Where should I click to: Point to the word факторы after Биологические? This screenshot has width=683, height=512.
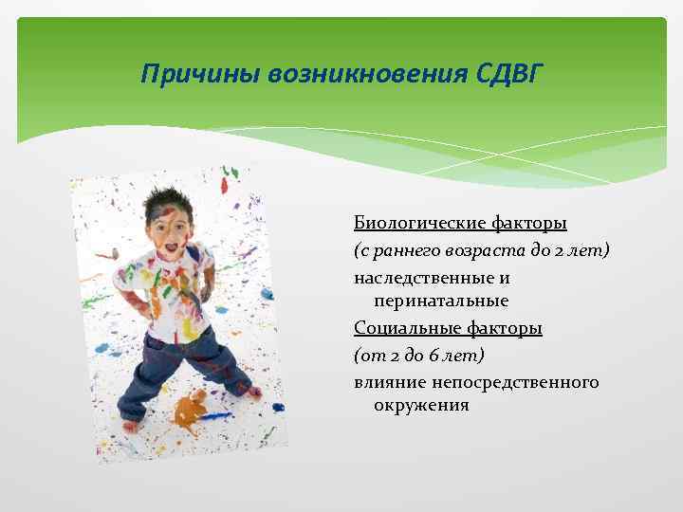coord(530,224)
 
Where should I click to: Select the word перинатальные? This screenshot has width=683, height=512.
coord(441,301)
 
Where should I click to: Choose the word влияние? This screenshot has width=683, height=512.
coord(391,382)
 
